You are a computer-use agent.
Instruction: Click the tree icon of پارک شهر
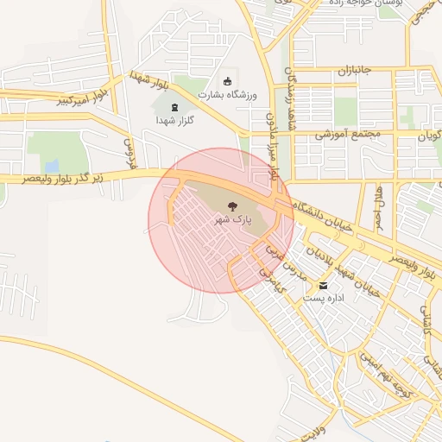(x=231, y=205)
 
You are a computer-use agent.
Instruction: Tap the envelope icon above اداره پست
(x=324, y=285)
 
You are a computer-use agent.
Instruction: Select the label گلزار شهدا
(x=175, y=121)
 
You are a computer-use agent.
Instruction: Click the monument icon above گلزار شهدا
(x=176, y=107)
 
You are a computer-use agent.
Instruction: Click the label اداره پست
(x=324, y=298)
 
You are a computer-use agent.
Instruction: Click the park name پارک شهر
(x=231, y=220)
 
